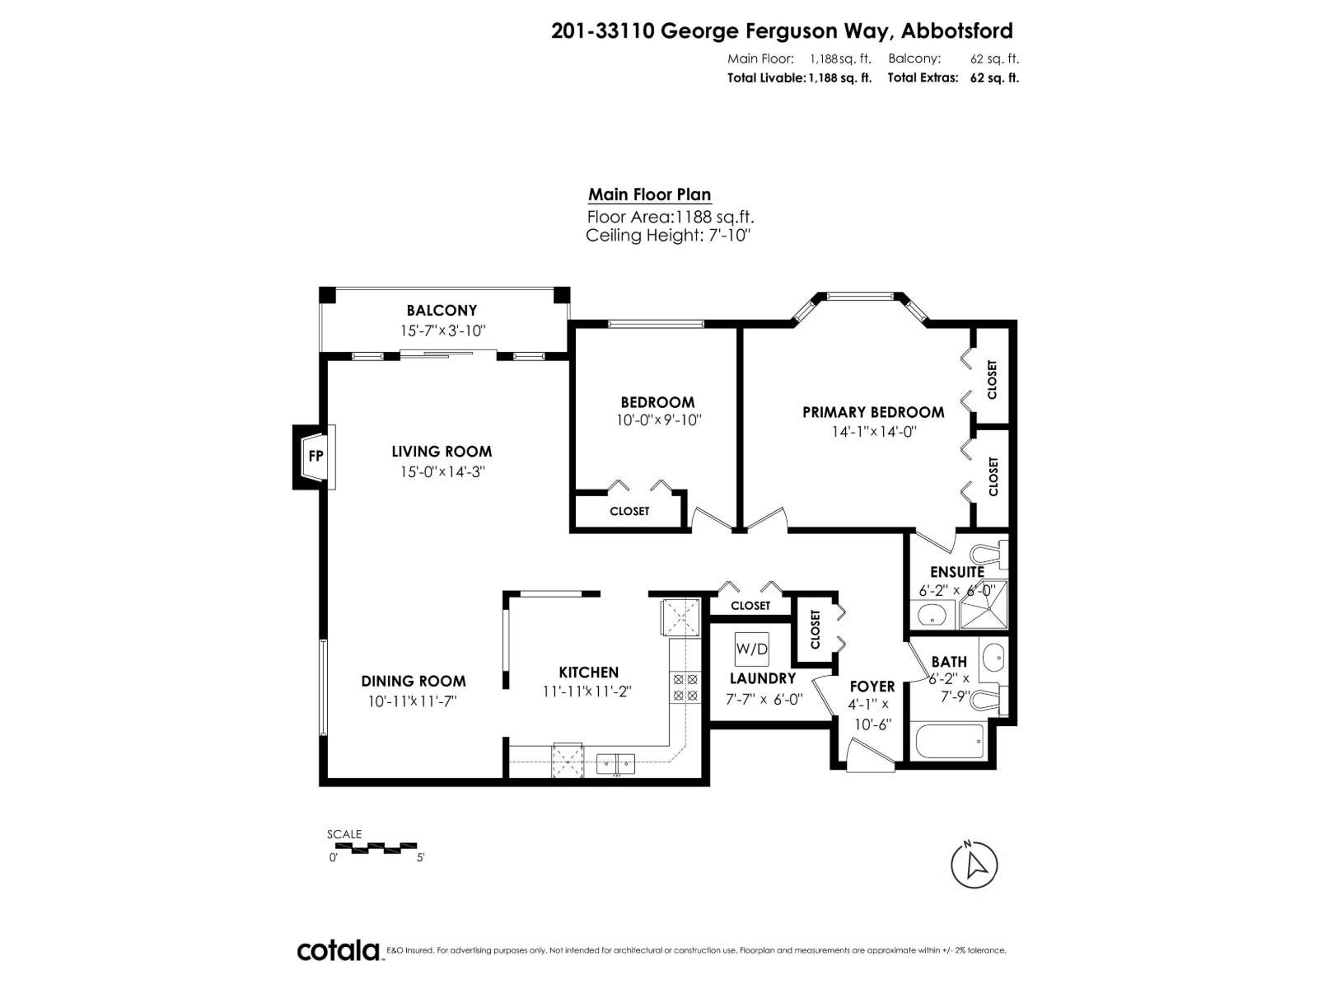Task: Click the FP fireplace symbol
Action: [x=315, y=456]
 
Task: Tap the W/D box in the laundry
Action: [x=751, y=649]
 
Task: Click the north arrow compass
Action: [x=974, y=865]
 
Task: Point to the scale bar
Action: [x=372, y=846]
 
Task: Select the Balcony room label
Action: [x=442, y=311]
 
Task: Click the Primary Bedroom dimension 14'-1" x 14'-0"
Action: [x=873, y=431]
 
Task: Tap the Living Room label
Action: [x=442, y=452]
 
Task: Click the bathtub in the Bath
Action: [x=949, y=741]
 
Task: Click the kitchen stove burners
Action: [x=685, y=687]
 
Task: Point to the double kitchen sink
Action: [x=615, y=762]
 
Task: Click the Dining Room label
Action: [x=414, y=681]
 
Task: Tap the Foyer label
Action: [x=872, y=687]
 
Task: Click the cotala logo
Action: [x=339, y=973]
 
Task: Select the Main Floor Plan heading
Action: [x=649, y=195]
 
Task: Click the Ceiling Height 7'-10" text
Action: [x=668, y=236]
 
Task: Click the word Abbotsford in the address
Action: [x=957, y=31]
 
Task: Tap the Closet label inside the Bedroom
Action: [x=629, y=511]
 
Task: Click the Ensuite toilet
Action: [x=989, y=555]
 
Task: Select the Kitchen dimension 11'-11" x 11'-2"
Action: [x=587, y=692]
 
